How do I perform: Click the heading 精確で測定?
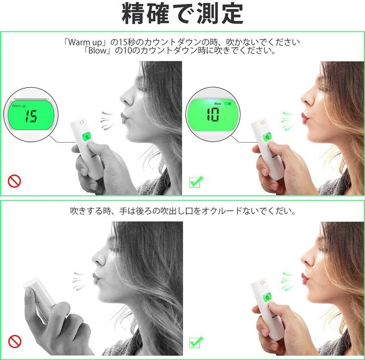(x=182, y=14)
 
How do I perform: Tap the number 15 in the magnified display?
(x=31, y=116)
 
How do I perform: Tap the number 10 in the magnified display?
(x=213, y=114)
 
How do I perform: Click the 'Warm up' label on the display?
(x=19, y=106)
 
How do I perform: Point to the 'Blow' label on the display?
(x=218, y=104)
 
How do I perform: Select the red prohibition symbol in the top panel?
(x=14, y=181)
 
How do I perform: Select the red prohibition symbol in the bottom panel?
(x=15, y=342)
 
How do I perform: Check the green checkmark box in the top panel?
(x=196, y=182)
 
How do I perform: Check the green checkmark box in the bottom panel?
(x=196, y=342)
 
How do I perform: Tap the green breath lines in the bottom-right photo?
(x=287, y=281)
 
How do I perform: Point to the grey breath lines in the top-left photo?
(x=107, y=120)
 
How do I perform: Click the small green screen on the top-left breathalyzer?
(x=87, y=137)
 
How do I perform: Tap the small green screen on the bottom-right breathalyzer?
(x=267, y=297)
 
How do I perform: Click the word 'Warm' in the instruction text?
(x=79, y=42)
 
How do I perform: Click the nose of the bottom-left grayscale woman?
(x=98, y=257)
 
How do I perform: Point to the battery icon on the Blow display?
(x=228, y=103)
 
